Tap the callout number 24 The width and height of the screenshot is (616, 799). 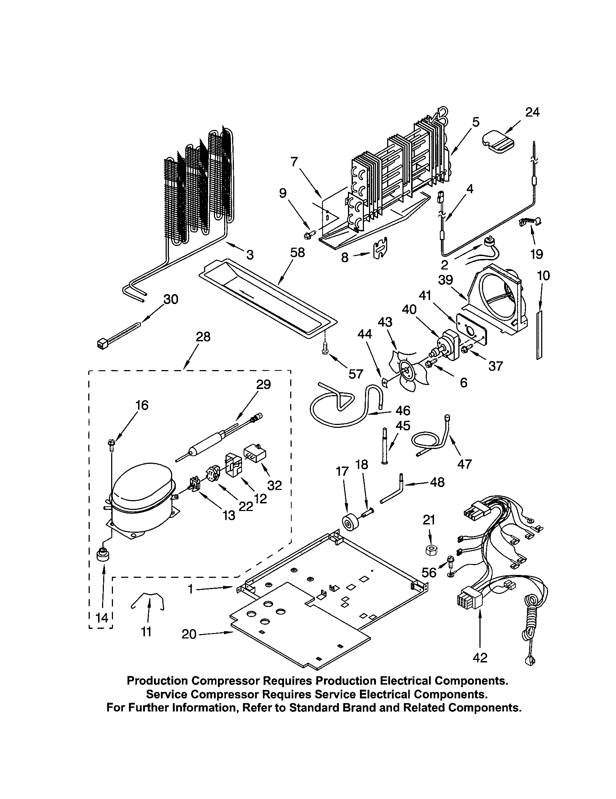click(532, 112)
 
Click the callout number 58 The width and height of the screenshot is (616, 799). click(297, 252)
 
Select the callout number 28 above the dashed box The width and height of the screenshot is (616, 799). click(203, 337)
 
